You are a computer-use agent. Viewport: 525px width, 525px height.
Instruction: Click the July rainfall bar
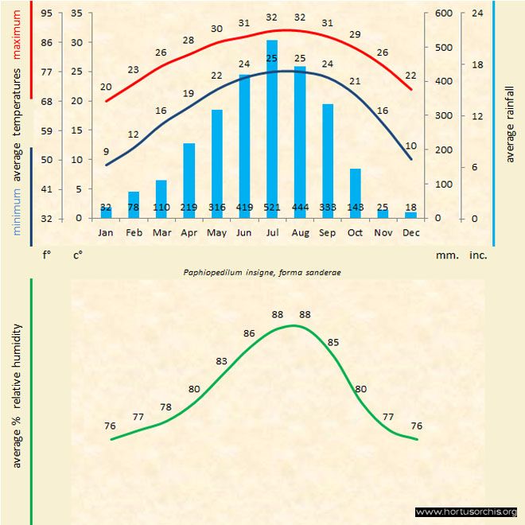[x=272, y=127]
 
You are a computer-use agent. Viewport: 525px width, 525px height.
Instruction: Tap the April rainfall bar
[x=189, y=180]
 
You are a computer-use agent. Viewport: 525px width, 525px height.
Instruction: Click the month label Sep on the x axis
[x=328, y=233]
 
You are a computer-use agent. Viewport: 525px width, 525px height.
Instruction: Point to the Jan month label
[x=106, y=233]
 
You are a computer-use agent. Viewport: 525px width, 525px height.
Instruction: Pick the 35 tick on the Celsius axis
[x=76, y=14]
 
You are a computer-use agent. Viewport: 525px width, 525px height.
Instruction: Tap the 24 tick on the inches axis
[x=478, y=14]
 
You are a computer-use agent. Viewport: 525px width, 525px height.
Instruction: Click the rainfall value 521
[x=272, y=208]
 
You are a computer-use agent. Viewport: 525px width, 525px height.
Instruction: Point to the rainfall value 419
[x=244, y=208]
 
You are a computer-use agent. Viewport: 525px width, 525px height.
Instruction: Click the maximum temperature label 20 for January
[x=107, y=87]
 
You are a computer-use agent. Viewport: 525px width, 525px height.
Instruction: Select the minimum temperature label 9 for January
[x=106, y=151]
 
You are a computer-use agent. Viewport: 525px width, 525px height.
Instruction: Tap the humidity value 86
[x=249, y=333]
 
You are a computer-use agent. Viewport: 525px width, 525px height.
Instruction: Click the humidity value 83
[x=222, y=362]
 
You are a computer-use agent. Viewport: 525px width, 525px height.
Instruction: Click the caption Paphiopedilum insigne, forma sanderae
[x=262, y=272]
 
